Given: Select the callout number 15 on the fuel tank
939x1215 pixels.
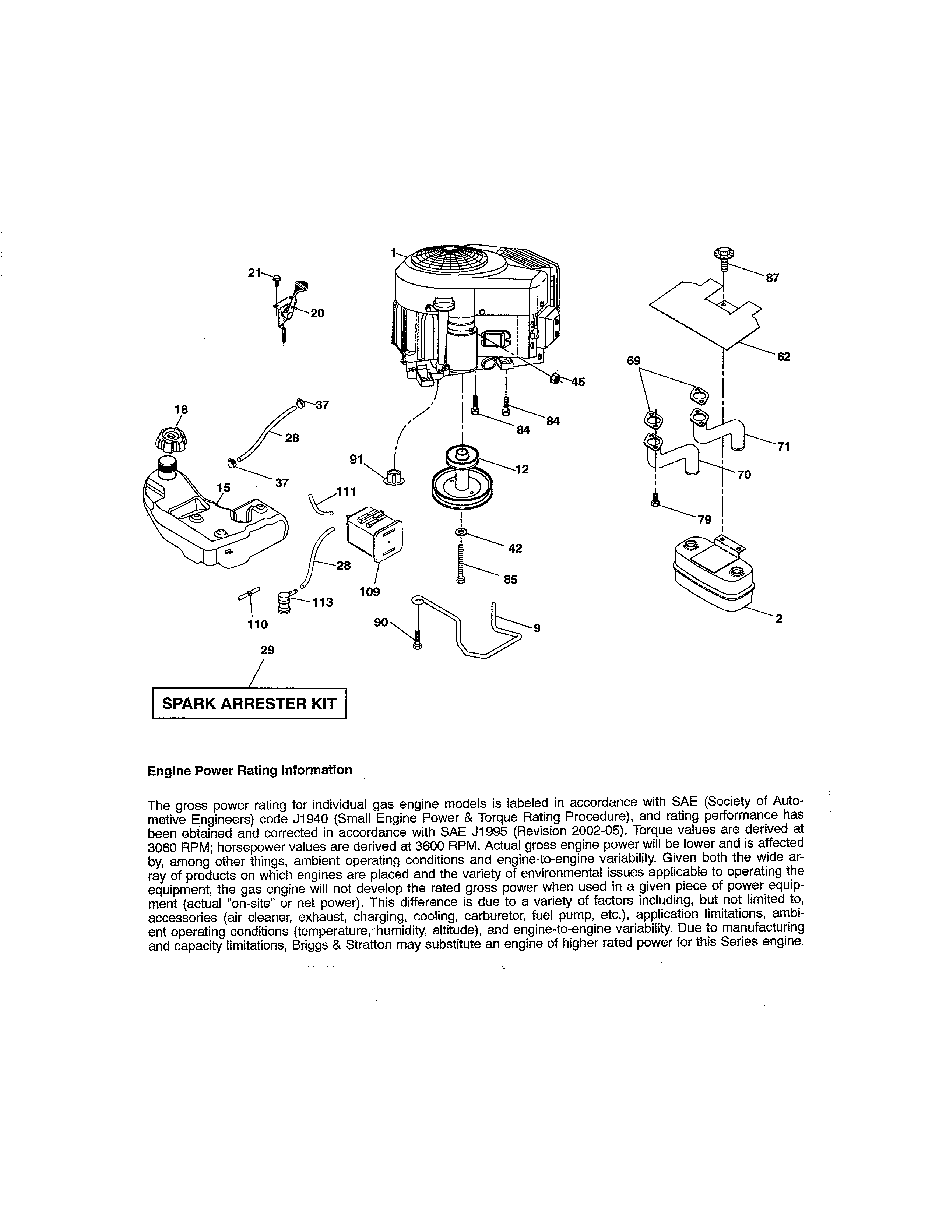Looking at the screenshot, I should [223, 487].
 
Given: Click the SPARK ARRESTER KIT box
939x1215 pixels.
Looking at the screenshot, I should [249, 704].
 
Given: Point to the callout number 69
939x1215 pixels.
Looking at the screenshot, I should [634, 360].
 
